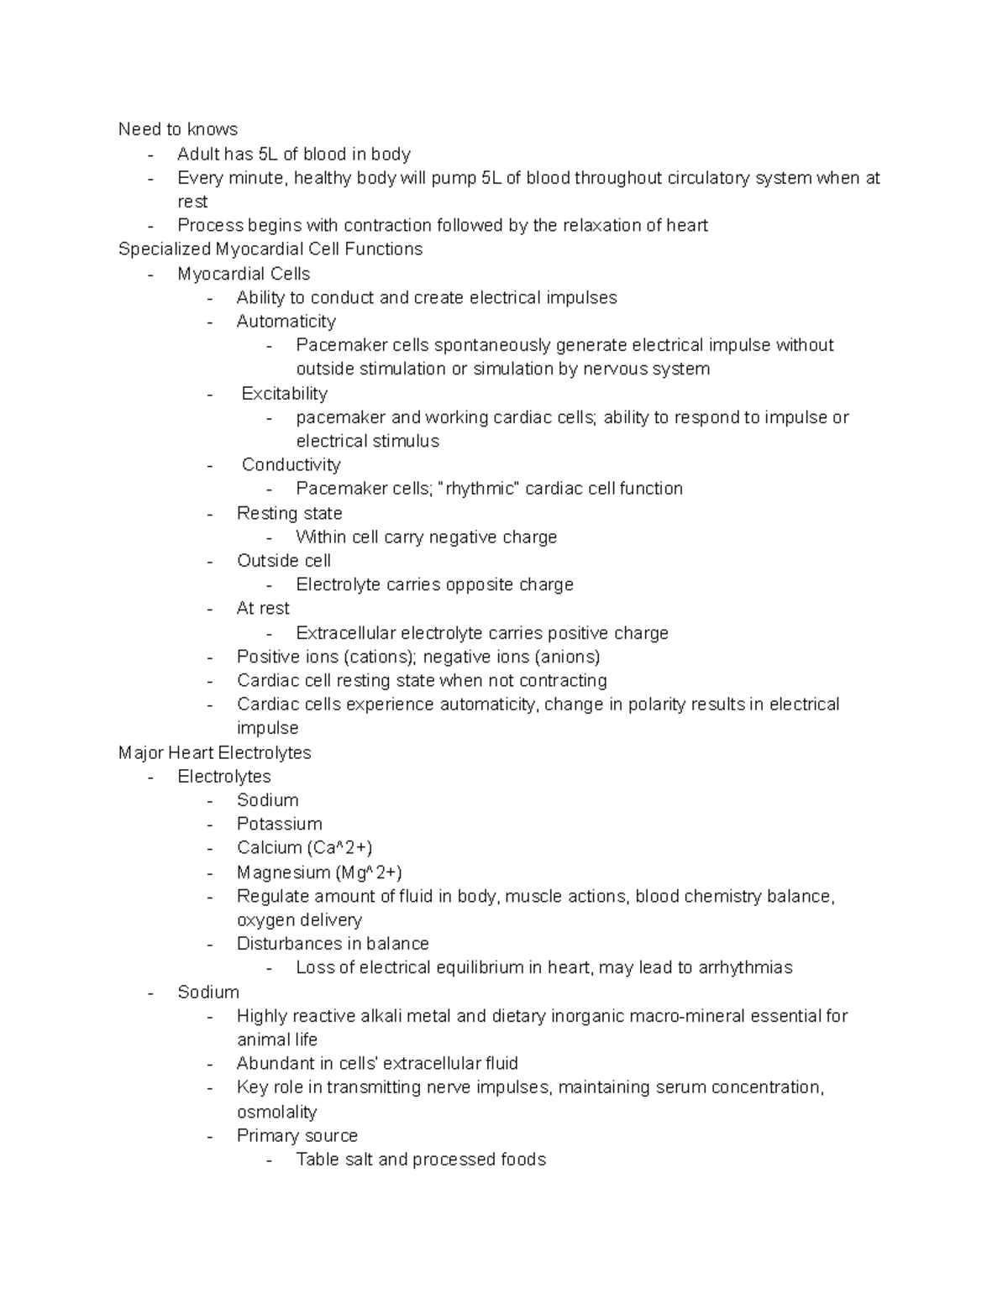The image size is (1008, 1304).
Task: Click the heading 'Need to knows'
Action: click(x=177, y=129)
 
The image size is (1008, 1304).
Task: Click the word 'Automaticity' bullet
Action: click(x=286, y=322)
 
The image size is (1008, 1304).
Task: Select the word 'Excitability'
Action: click(x=284, y=394)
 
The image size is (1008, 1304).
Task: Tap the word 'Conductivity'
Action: click(x=291, y=465)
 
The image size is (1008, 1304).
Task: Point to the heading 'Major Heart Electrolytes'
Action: click(x=214, y=753)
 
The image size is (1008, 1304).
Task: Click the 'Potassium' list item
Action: click(x=279, y=825)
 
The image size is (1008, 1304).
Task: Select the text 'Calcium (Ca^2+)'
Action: click(x=304, y=848)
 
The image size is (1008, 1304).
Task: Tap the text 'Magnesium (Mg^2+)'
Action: click(x=319, y=872)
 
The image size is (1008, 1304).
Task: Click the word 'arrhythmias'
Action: click(x=745, y=968)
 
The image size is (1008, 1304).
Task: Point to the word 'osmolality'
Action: click(x=276, y=1113)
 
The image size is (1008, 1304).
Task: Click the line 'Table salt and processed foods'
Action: click(x=421, y=1160)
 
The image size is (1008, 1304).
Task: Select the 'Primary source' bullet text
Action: click(x=297, y=1136)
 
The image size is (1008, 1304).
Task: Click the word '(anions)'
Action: click(x=567, y=657)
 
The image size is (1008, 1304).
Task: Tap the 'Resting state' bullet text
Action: click(x=289, y=514)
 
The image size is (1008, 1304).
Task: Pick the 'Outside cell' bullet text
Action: click(x=283, y=561)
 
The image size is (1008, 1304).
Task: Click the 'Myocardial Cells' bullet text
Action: click(x=244, y=275)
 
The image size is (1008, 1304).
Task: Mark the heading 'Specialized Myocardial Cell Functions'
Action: click(x=270, y=249)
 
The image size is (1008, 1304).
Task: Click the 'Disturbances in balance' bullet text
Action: click(x=333, y=944)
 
